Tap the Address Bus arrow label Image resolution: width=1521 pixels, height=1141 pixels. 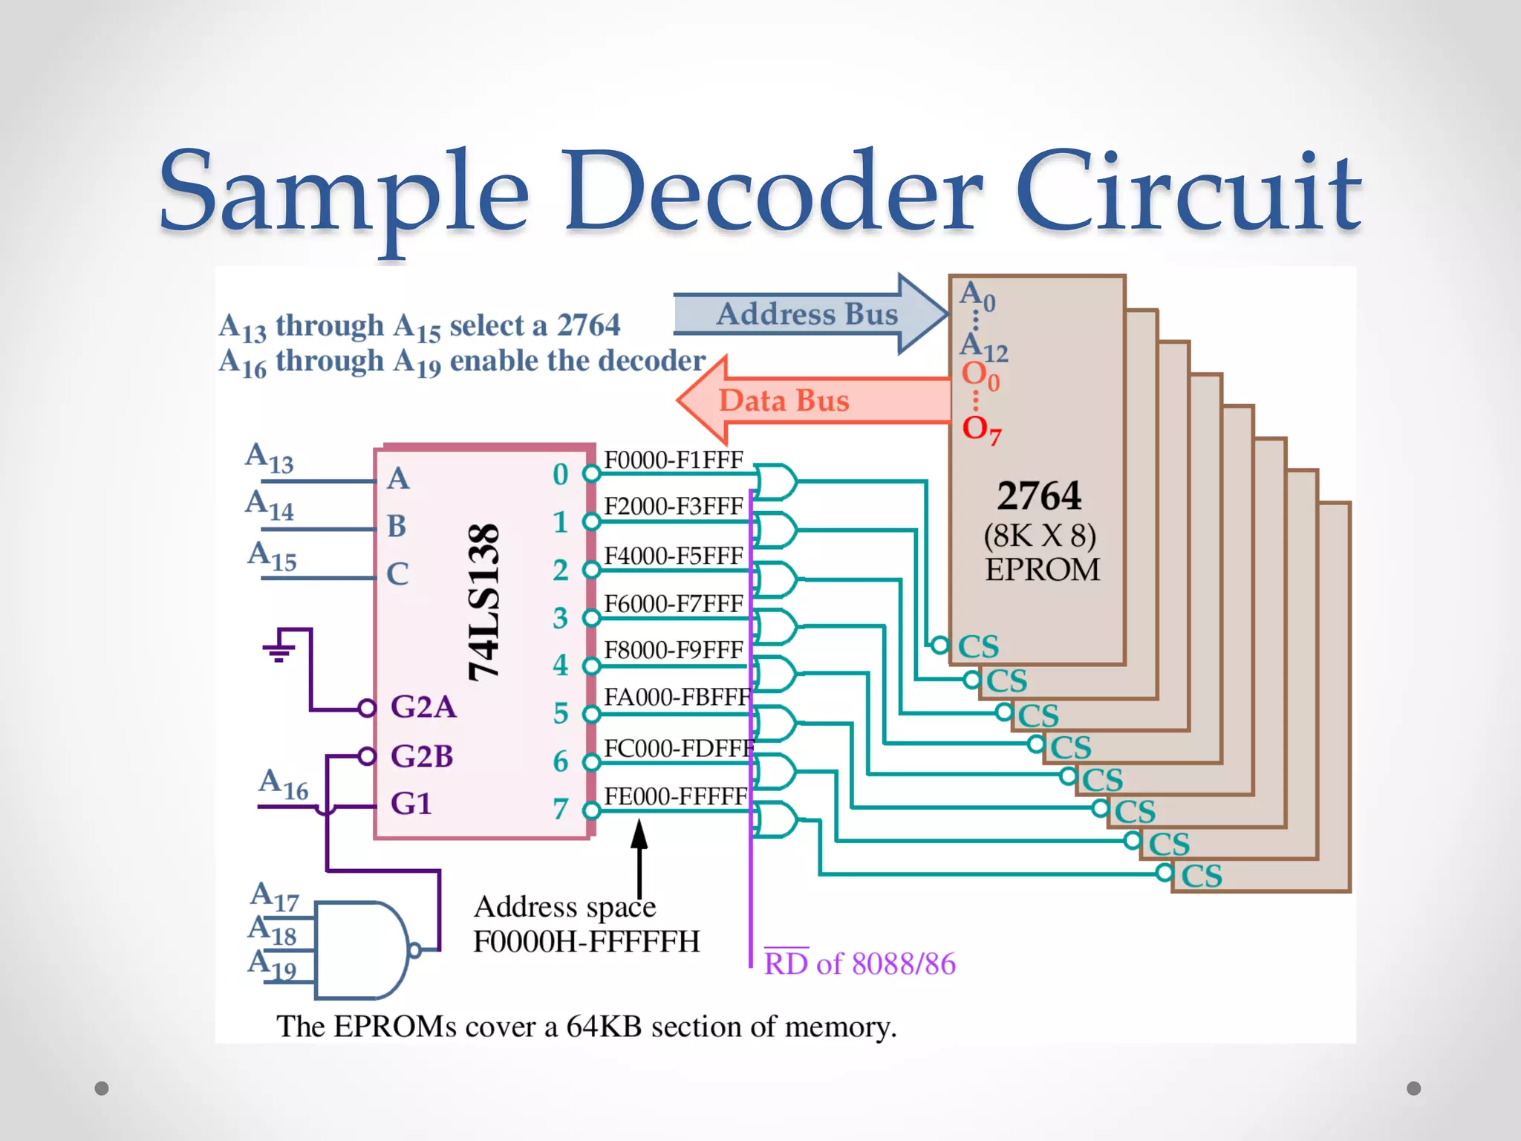807,314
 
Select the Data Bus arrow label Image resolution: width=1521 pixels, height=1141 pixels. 784,401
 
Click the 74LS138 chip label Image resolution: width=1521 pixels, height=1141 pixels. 484,602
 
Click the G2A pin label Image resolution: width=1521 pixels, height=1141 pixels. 423,706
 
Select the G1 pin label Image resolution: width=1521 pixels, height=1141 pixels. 411,804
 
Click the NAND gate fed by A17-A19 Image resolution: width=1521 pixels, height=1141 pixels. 362,949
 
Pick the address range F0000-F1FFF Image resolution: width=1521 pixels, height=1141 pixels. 673,460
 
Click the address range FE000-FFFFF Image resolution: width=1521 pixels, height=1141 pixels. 675,796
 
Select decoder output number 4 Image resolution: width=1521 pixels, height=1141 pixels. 561,665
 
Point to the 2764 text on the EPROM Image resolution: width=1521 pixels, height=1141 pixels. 1039,496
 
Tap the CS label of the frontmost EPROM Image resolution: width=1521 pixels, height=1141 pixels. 978,646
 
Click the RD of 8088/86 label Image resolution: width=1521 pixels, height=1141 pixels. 860,963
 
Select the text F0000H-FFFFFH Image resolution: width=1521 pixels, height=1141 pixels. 587,942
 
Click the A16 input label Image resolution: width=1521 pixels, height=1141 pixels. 283,785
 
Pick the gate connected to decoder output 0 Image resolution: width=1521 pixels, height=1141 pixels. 776,481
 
